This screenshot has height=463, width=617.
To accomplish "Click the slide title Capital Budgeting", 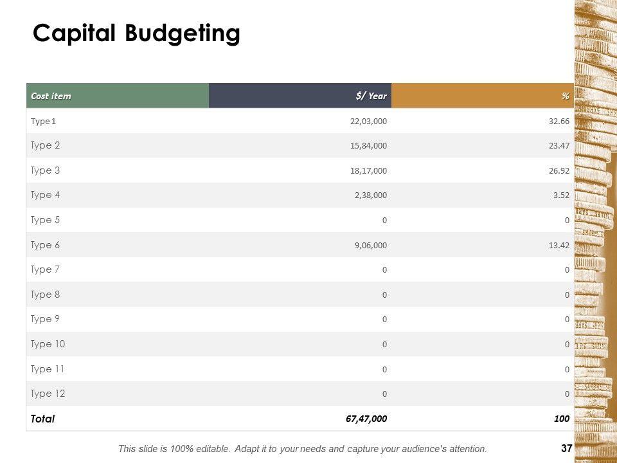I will [x=136, y=33].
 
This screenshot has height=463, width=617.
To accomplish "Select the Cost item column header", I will [x=51, y=96].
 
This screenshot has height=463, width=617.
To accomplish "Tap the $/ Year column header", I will [x=371, y=96].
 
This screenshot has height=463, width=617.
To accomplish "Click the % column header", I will [x=565, y=96].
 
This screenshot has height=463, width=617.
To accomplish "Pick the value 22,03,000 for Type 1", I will [x=368, y=121].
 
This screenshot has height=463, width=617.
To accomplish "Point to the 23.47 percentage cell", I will [x=559, y=146].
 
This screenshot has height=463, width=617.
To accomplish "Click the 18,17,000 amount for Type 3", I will [x=368, y=170].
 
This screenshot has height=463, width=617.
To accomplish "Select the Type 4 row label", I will [x=45, y=195].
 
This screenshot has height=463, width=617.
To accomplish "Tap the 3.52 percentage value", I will [x=561, y=195].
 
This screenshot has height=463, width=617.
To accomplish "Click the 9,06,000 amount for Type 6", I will [x=370, y=245].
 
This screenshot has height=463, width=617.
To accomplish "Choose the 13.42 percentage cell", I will [x=559, y=245].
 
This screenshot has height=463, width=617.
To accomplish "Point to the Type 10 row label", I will [x=48, y=344].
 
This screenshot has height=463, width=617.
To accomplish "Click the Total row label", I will [x=42, y=419].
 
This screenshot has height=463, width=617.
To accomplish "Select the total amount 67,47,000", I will [x=366, y=419].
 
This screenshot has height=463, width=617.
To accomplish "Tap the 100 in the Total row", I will [x=562, y=419].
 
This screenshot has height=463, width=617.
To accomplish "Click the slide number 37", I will [x=566, y=449].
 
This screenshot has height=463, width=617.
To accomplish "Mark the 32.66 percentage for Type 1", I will [x=559, y=121].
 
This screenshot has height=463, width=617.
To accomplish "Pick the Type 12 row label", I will [x=48, y=394].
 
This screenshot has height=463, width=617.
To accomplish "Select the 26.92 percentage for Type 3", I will [x=559, y=170].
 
